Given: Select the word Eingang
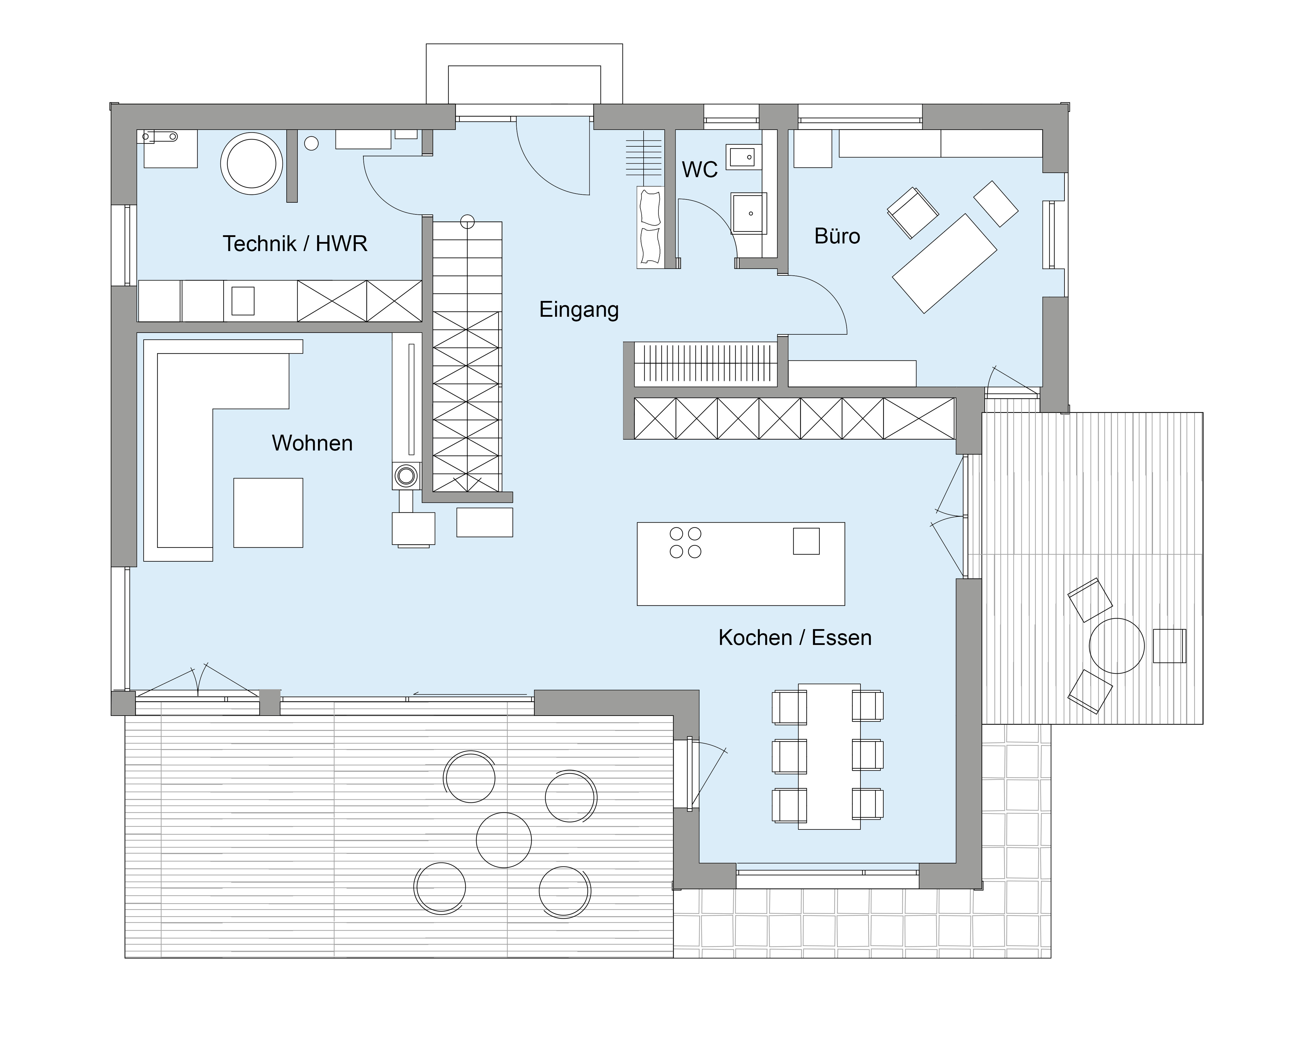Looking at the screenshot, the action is tap(579, 309).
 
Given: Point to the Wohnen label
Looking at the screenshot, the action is tap(312, 443).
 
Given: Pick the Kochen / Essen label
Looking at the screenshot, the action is tap(795, 638).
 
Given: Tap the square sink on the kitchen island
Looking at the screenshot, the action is tap(806, 541).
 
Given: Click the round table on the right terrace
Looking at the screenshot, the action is tap(1117, 646).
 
